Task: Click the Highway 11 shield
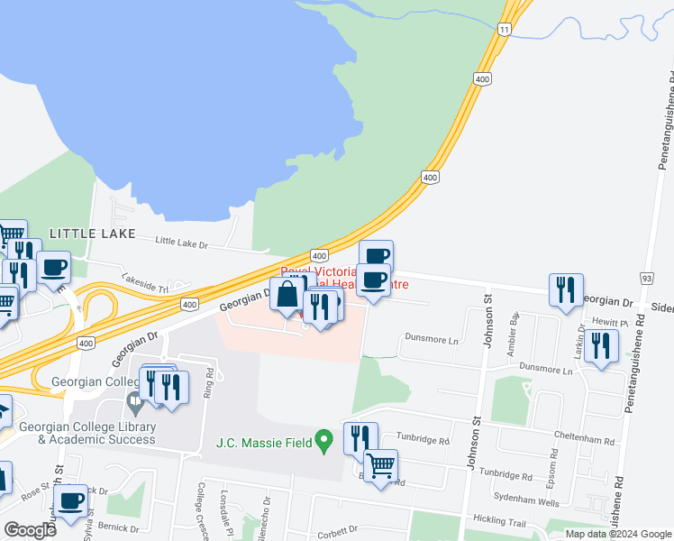tap(506, 30)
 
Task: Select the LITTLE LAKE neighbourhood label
tap(85, 234)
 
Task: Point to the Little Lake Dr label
tap(181, 242)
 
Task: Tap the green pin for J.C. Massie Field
tap(326, 442)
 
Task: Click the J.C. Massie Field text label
tap(264, 443)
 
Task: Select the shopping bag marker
tap(287, 295)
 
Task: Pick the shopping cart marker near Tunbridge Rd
tap(381, 466)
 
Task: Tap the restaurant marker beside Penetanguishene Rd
tap(601, 345)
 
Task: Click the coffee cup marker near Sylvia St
tap(70, 500)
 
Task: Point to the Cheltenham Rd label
tap(584, 442)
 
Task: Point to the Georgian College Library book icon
tap(135, 399)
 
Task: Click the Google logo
tap(30, 530)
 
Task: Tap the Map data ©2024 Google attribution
tap(618, 534)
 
